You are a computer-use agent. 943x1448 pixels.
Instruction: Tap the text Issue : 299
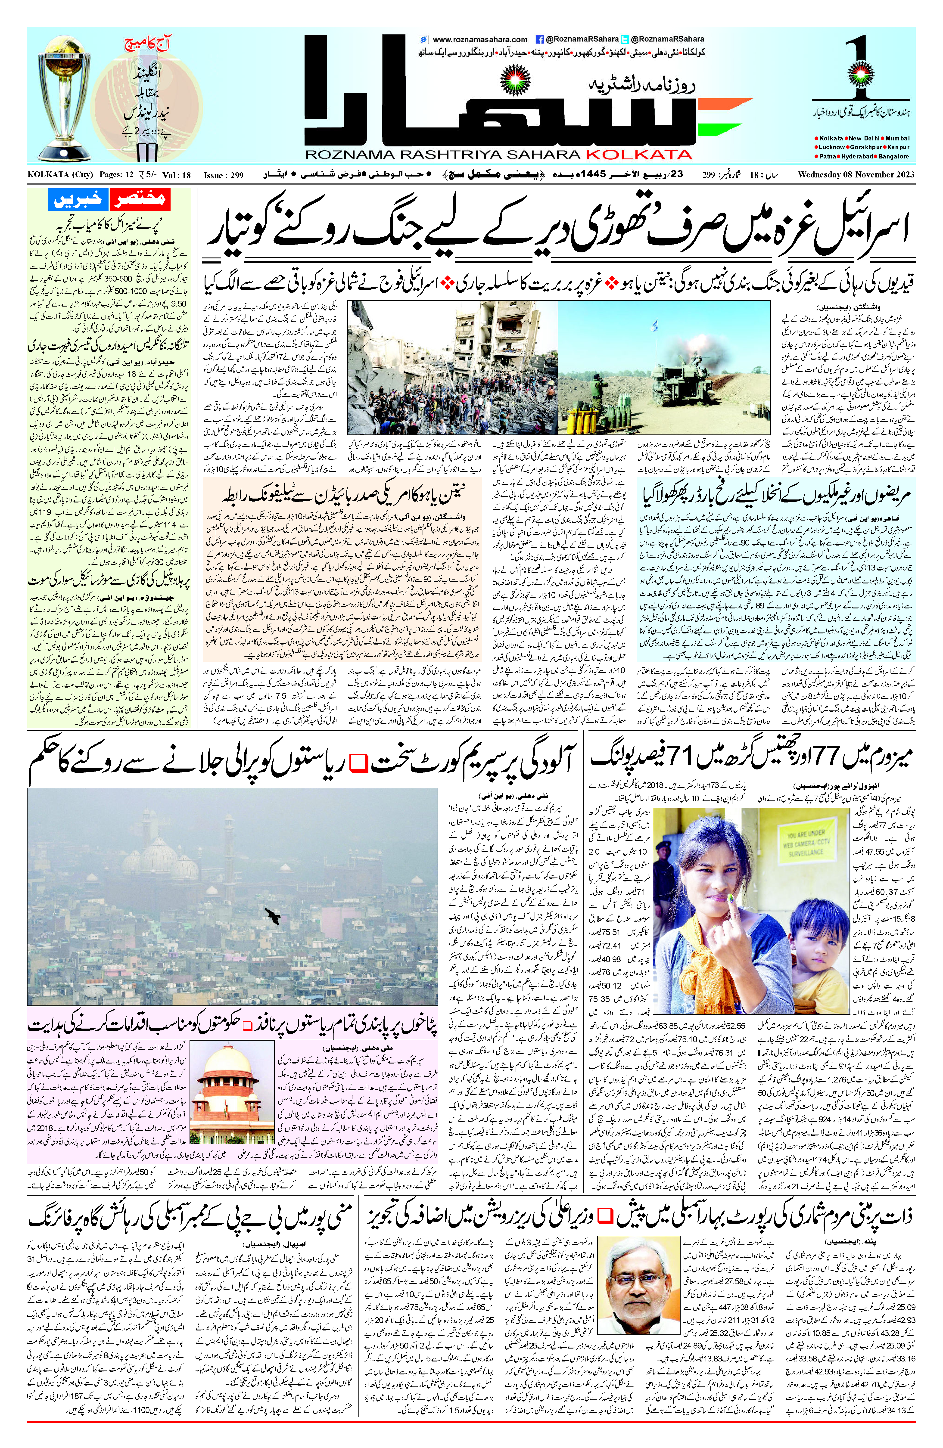(x=223, y=175)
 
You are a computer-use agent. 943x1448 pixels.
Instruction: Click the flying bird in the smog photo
(x=272, y=915)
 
